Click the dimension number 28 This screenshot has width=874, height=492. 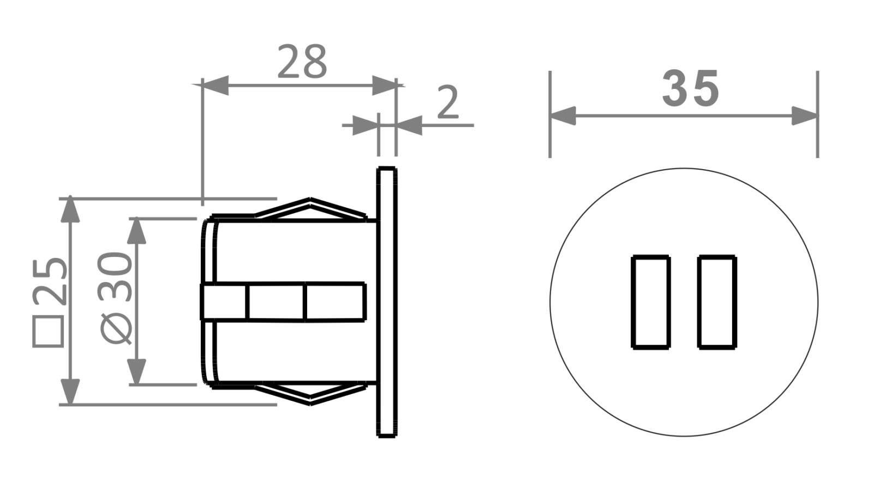[x=302, y=61]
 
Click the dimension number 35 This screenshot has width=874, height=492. [x=690, y=88]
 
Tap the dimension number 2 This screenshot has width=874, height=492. [x=448, y=102]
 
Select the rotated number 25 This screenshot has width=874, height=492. [x=50, y=281]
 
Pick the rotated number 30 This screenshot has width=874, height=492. [x=116, y=276]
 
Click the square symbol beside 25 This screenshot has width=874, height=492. [x=49, y=331]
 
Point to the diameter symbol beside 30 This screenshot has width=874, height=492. [x=116, y=328]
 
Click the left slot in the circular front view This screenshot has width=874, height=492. [x=650, y=302]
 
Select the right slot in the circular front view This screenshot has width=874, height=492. [x=717, y=302]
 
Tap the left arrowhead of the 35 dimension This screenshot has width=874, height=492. [x=562, y=116]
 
